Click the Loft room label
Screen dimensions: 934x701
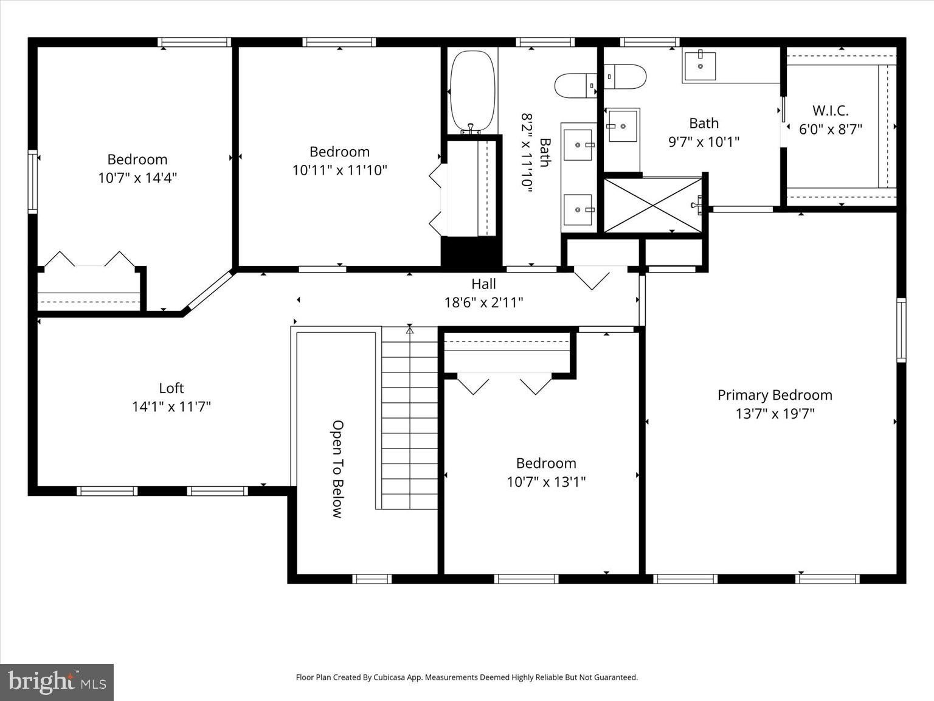171,388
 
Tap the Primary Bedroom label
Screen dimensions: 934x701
775,395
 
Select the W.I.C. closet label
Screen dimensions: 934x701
830,111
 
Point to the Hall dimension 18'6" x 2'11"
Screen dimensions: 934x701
484,302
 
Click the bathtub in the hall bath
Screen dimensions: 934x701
472,91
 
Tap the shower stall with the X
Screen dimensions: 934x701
653,206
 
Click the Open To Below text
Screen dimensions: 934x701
337,469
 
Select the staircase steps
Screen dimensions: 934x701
409,417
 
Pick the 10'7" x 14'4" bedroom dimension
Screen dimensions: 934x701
137,178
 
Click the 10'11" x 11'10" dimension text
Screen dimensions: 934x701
339,170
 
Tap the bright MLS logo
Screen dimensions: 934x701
57,682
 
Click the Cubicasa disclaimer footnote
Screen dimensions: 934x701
467,677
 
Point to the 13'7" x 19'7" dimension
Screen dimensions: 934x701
775,413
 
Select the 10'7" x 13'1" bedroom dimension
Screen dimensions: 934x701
547,482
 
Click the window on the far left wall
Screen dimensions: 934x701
33,181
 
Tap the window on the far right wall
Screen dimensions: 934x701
901,330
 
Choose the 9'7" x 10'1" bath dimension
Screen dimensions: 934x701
704,142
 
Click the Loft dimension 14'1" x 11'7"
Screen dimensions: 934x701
171,407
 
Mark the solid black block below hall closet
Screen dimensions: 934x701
471,251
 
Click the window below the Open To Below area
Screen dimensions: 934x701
372,579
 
